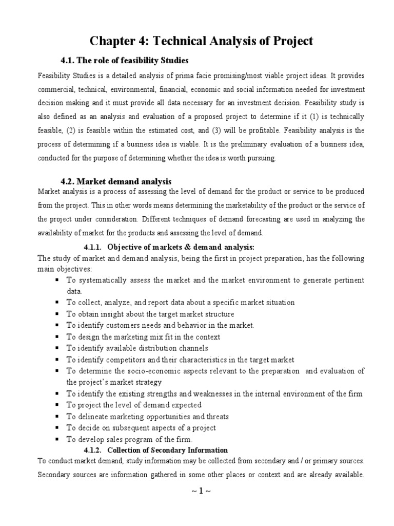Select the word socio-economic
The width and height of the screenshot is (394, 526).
point(146,371)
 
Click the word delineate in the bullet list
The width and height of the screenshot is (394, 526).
point(93,417)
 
